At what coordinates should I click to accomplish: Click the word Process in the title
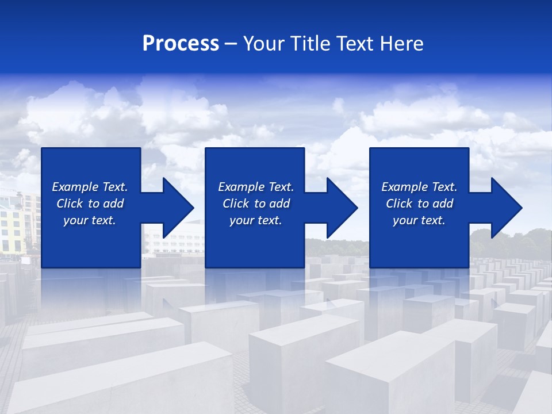point(181,44)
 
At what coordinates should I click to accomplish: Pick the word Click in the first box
point(70,204)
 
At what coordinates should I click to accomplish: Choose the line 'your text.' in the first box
point(90,220)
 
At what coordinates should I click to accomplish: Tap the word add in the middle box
point(279,204)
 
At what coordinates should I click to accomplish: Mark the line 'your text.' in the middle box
point(256,220)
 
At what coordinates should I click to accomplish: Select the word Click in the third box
point(399,204)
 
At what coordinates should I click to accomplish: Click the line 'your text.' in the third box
point(419,220)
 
